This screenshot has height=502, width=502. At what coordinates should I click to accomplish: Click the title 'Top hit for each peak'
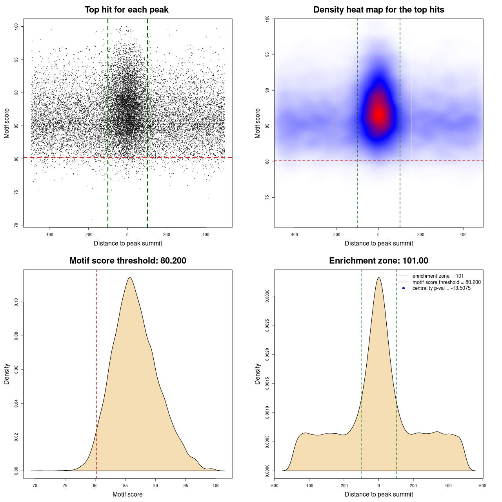click(126, 10)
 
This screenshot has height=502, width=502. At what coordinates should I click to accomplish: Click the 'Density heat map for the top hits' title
click(378, 10)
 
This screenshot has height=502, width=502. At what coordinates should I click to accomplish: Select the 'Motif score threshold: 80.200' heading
click(127, 261)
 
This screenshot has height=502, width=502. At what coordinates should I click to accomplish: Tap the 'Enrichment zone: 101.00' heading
click(378, 261)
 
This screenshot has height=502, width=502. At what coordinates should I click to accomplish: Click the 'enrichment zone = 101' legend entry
click(438, 276)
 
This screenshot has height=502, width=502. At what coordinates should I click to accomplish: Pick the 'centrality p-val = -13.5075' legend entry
click(441, 288)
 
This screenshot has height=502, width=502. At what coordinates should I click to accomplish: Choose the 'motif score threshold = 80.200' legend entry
click(446, 282)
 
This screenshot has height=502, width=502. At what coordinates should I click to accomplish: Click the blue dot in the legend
click(404, 288)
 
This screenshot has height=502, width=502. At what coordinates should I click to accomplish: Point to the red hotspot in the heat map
click(379, 115)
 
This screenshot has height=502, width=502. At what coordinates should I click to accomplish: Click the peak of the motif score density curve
click(129, 278)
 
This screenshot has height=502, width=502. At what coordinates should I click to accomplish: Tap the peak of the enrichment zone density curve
click(378, 278)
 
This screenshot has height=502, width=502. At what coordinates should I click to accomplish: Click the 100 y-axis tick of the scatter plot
click(16, 26)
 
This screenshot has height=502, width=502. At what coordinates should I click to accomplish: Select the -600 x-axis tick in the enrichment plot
click(275, 486)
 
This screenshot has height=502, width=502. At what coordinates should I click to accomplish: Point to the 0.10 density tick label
click(16, 302)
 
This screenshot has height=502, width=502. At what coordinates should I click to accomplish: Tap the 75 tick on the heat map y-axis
click(267, 197)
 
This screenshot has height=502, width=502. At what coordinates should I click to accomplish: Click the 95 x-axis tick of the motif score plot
click(186, 486)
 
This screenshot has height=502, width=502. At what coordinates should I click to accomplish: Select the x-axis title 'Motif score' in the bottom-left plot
click(127, 494)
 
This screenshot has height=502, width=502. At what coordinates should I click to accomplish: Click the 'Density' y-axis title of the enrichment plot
click(258, 374)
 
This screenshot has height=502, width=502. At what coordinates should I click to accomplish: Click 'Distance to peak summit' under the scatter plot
click(128, 243)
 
